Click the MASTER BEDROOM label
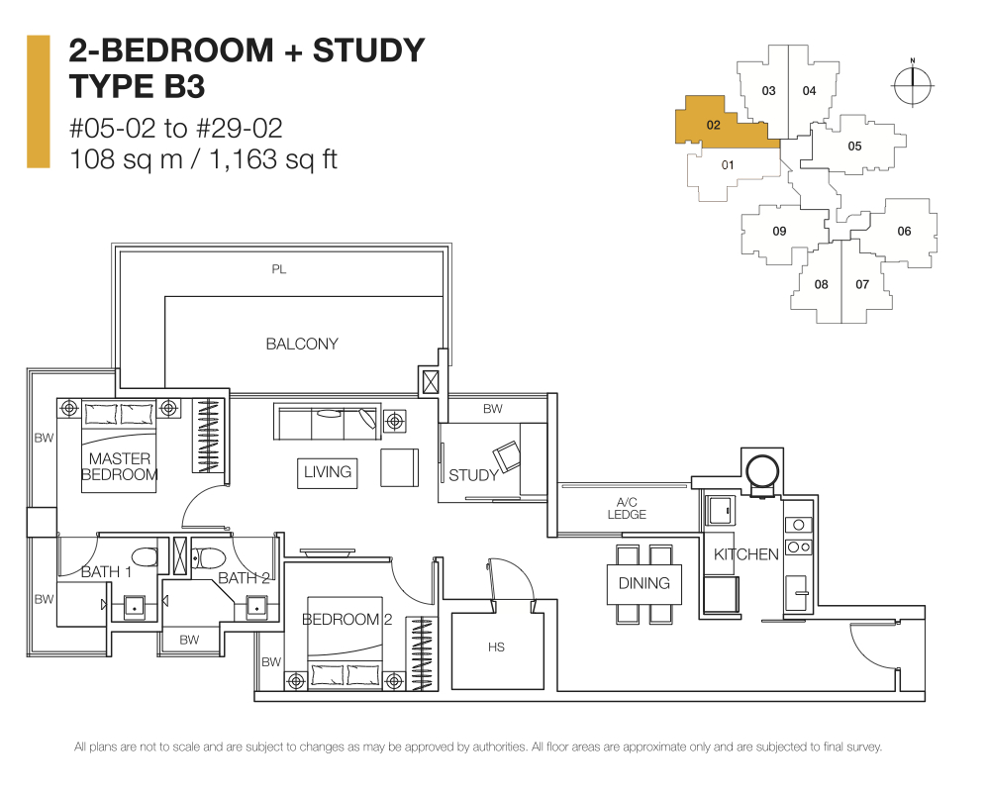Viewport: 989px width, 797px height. coord(119,466)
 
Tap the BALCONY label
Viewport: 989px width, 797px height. coord(302,344)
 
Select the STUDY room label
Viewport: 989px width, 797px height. coord(473,475)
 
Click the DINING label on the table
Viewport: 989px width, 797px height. coord(643,583)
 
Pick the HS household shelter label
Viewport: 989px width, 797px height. coord(497,648)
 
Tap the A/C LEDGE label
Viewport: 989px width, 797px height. coord(627,509)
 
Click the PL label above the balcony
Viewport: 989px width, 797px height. coord(279,269)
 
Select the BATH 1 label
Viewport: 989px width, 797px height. coord(107,572)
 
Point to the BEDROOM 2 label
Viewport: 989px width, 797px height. coord(346,620)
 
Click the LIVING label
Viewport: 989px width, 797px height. coord(328,472)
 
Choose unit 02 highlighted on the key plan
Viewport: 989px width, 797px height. coord(715,126)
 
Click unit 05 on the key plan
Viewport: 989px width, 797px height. coord(854,147)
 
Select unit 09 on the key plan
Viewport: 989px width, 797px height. coord(779,232)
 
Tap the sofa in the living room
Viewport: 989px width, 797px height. coord(327,421)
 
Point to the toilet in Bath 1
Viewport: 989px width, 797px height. coord(146,557)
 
